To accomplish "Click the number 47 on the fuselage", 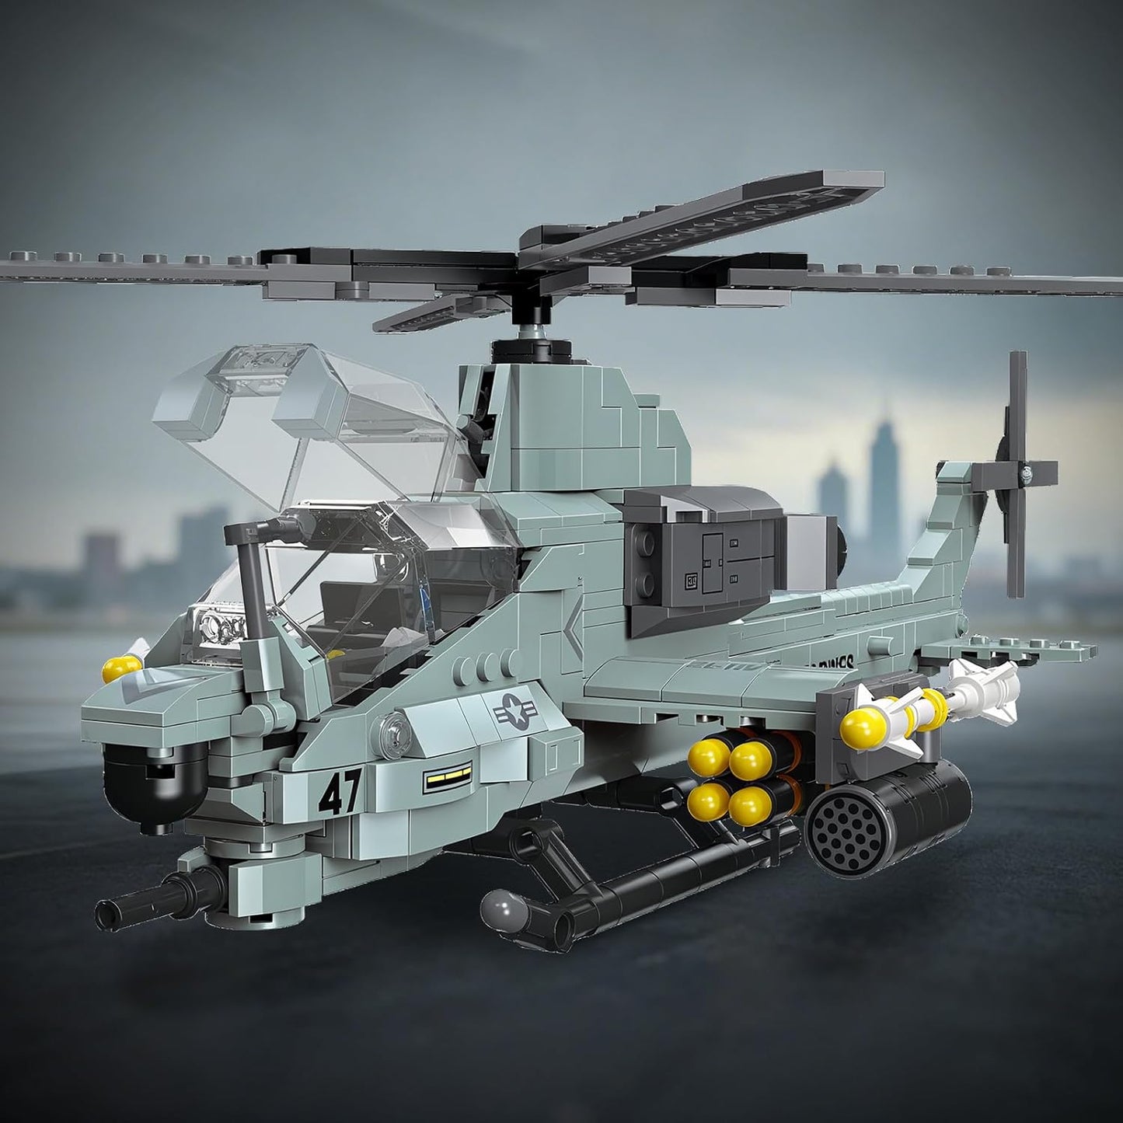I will [340, 793].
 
